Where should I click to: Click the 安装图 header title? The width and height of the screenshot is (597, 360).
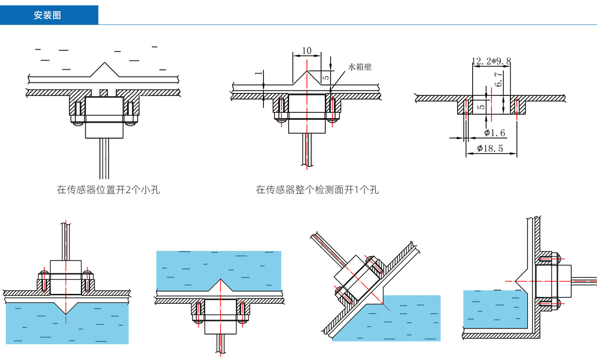click(47, 15)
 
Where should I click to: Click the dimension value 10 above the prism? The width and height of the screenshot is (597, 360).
click(307, 51)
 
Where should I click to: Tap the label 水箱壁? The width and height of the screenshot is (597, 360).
click(360, 67)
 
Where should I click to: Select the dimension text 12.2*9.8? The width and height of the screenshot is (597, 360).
click(491, 61)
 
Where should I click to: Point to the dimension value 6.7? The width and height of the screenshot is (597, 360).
click(498, 79)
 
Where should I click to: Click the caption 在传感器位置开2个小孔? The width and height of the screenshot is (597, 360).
click(108, 190)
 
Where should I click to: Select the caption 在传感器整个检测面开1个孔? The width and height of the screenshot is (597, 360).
click(317, 190)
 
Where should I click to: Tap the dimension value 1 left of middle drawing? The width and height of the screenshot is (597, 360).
click(258, 73)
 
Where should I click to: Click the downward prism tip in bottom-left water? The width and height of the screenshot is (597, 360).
click(66, 313)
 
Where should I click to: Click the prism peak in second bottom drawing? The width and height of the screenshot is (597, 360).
click(220, 280)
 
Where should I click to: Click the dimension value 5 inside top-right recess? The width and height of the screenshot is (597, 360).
click(481, 107)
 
